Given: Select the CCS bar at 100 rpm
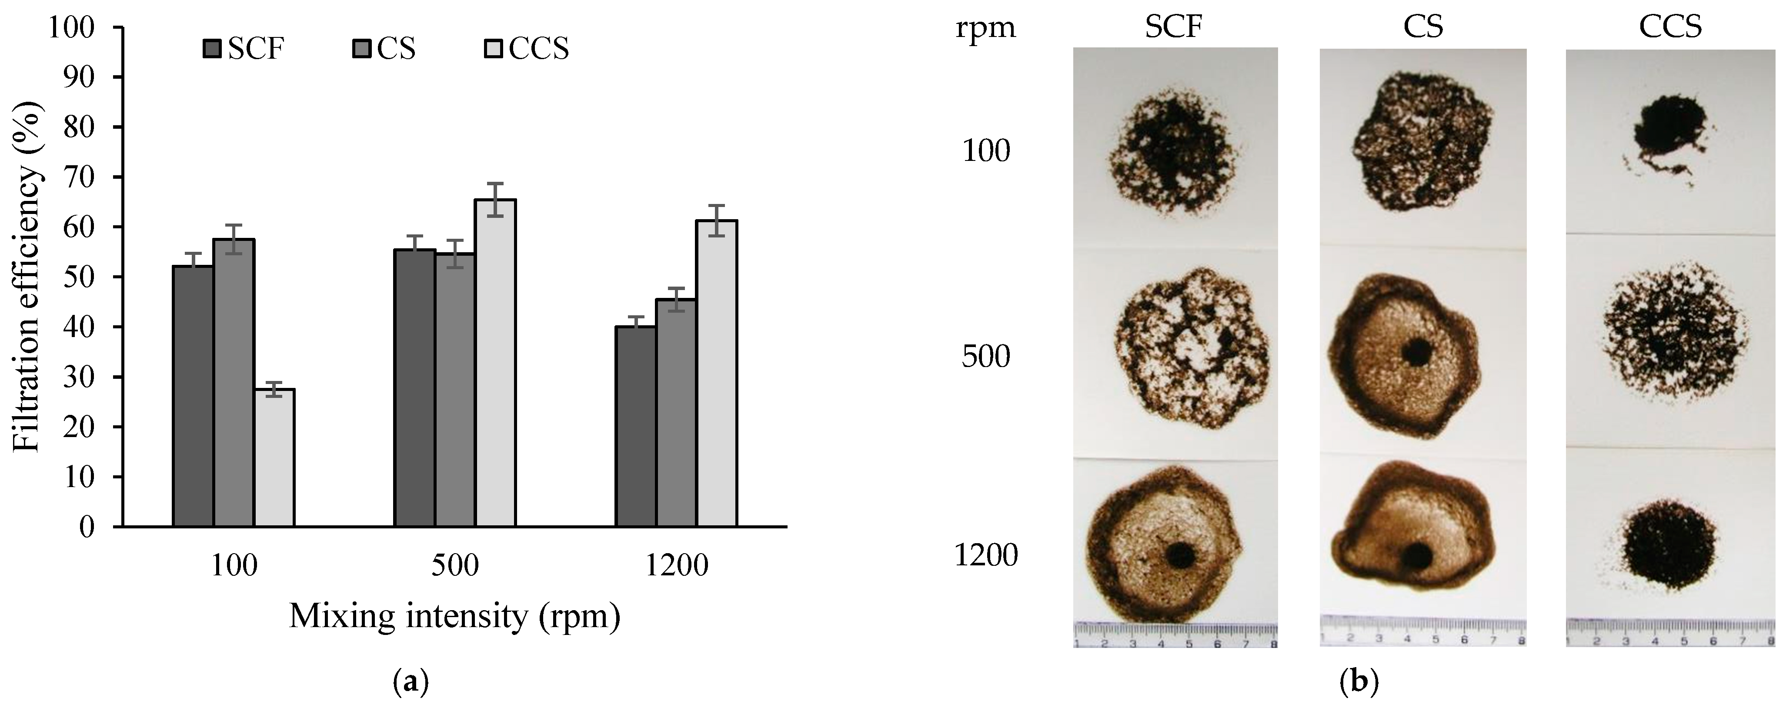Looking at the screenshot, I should click(x=274, y=458).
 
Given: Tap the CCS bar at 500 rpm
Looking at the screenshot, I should click(x=495, y=364).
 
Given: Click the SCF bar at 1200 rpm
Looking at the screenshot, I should click(x=636, y=427).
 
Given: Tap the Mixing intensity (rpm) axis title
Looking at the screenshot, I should click(x=454, y=616).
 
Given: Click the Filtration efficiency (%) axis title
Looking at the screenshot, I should click(x=28, y=277).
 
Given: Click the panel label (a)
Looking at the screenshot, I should click(x=411, y=683).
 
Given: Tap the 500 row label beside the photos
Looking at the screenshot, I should click(x=987, y=357).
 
